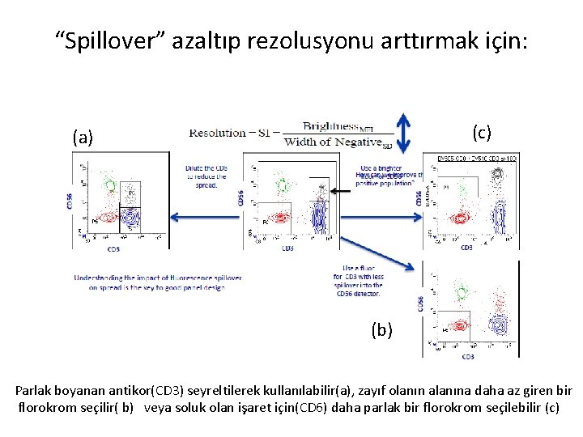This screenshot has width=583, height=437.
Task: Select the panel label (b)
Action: (383, 329)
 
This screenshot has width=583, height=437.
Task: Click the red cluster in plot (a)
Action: (105, 217)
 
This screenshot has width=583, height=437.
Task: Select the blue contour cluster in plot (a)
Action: (130, 215)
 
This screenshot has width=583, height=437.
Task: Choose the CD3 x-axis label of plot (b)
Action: (467, 356)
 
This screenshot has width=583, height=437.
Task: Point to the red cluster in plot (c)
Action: (460, 217)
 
